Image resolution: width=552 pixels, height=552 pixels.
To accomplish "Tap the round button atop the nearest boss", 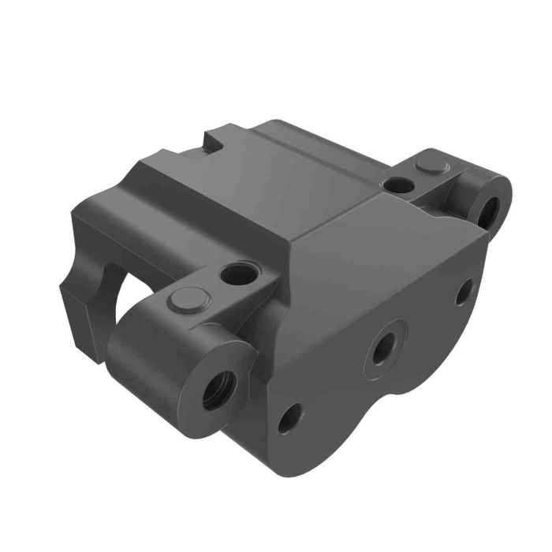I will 188,300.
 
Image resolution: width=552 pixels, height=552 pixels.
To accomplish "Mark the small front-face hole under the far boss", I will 464,291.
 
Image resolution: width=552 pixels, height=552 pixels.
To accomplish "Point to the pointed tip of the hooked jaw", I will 62,289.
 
